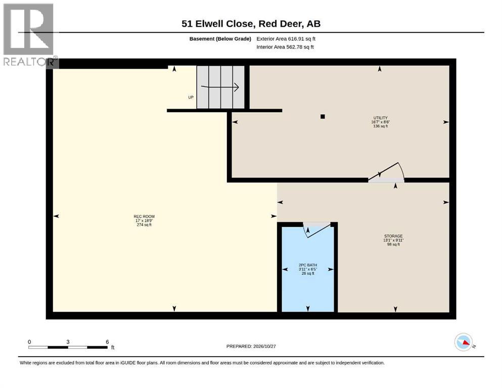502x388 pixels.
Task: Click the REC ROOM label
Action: pyautogui.click(x=144, y=217)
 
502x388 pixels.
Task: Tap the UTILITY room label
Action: pyautogui.click(x=380, y=118)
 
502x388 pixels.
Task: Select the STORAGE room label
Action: pyautogui.click(x=393, y=236)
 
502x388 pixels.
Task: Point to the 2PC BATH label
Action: pyautogui.click(x=308, y=265)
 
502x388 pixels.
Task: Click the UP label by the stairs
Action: pyautogui.click(x=191, y=97)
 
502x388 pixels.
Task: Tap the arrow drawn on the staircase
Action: pyautogui.click(x=220, y=87)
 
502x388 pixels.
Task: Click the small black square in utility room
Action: pyautogui.click(x=323, y=116)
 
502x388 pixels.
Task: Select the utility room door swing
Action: pyautogui.click(x=387, y=171)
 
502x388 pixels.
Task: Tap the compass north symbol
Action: pyautogui.click(x=464, y=342)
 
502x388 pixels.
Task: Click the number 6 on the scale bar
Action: pyautogui.click(x=107, y=342)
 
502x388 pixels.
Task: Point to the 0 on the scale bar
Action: pyautogui.click(x=29, y=342)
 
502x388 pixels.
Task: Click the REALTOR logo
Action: pyautogui.click(x=29, y=34)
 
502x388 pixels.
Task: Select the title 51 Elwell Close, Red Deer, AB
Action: pyautogui.click(x=251, y=24)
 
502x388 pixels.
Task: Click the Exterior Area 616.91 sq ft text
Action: pyautogui.click(x=286, y=39)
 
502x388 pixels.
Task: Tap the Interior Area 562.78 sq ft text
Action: pyautogui.click(x=285, y=46)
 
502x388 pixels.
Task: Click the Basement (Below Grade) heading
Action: pyautogui.click(x=220, y=39)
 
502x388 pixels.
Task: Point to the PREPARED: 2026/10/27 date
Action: pyautogui.click(x=251, y=346)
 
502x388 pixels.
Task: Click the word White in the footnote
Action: pyautogui.click(x=26, y=363)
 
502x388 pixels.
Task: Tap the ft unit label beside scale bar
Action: pyautogui.click(x=113, y=348)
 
